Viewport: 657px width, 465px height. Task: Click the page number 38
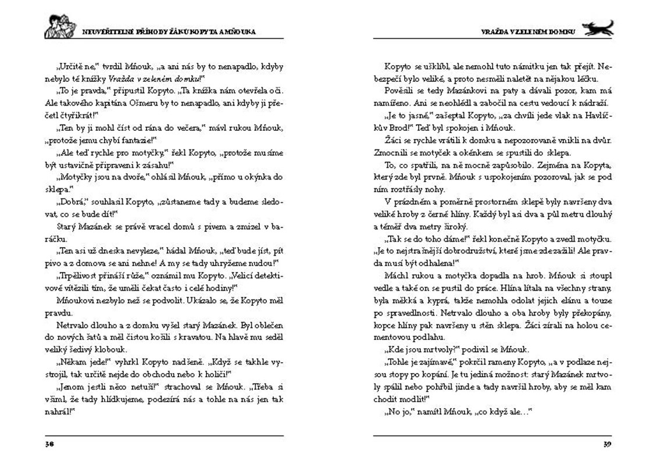click(x=49, y=445)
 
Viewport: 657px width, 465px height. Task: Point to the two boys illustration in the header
click(x=60, y=27)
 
